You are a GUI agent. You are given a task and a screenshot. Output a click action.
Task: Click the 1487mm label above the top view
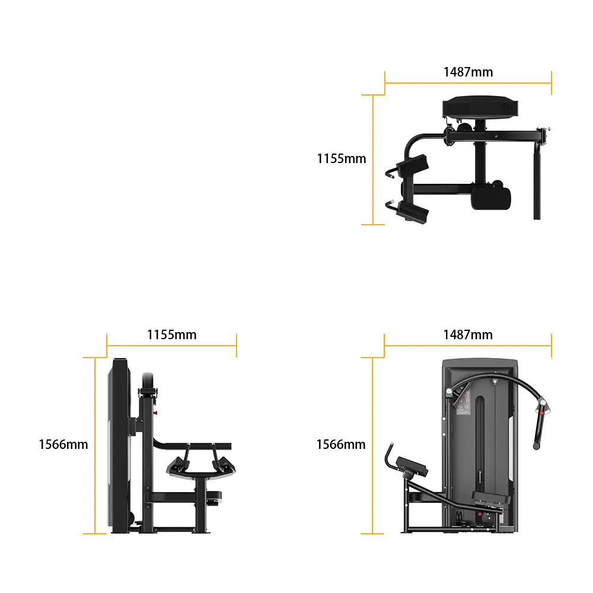point(468,72)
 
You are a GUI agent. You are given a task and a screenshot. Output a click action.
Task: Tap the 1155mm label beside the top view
point(342,158)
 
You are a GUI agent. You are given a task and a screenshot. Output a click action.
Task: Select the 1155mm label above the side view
point(172,334)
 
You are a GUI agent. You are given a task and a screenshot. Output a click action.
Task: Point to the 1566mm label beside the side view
point(63,444)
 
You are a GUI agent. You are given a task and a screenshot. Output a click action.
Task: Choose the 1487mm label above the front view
point(468,334)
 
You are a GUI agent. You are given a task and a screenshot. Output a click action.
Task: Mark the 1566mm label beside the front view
point(341,444)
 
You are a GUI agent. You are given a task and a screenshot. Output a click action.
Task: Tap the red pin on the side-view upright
point(155,413)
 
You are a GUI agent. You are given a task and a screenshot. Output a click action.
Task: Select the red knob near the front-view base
point(480,514)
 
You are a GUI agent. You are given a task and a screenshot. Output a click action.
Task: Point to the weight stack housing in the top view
point(480,107)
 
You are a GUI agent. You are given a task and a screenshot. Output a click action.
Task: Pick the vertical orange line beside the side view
point(95,445)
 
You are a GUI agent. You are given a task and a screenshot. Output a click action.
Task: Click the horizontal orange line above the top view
point(468,83)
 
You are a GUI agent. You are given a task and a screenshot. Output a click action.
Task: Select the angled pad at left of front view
point(412,466)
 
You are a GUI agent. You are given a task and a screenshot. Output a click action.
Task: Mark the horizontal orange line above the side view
point(172,346)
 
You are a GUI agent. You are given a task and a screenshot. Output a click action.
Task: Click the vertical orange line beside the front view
point(372,445)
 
